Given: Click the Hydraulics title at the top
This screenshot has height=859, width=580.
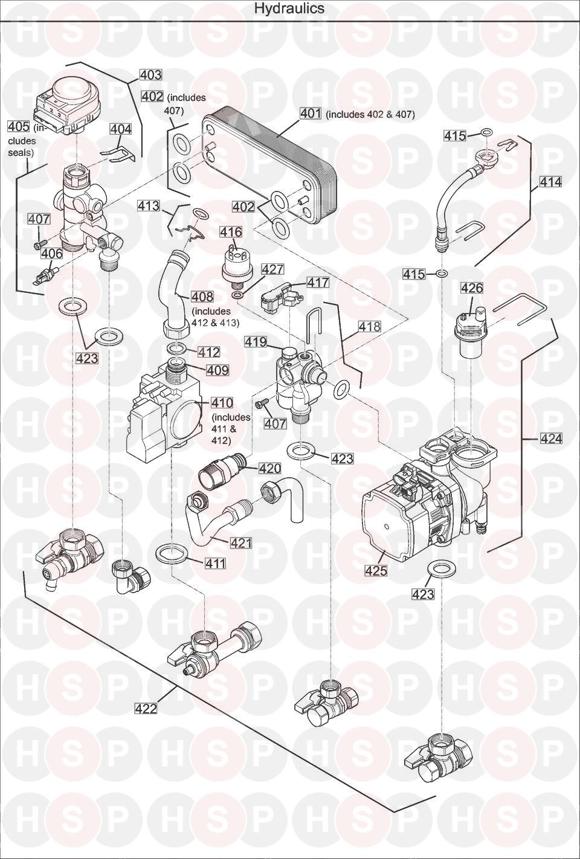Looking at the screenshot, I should click(x=289, y=8).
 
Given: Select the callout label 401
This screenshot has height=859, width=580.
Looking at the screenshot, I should click(x=311, y=114).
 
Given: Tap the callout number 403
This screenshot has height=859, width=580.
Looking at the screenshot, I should click(x=150, y=75).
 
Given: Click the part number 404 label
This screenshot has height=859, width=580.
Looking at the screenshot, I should click(x=121, y=129).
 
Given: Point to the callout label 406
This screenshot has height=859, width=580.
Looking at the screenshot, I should click(x=52, y=254).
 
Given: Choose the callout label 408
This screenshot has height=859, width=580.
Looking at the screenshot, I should click(x=202, y=297).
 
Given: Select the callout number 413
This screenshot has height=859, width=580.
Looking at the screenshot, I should click(x=148, y=206).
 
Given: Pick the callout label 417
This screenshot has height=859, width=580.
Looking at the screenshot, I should click(x=318, y=282).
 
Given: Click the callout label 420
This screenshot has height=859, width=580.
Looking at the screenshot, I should click(x=270, y=468).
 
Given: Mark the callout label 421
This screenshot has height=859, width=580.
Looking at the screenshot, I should click(x=241, y=543).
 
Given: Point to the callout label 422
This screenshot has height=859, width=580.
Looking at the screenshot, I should click(x=146, y=709).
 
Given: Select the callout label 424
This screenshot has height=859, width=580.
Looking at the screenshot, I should click(x=551, y=439).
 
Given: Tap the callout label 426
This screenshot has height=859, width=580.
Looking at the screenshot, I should click(x=472, y=288).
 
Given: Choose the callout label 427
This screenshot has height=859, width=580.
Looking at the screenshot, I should click(x=273, y=269).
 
